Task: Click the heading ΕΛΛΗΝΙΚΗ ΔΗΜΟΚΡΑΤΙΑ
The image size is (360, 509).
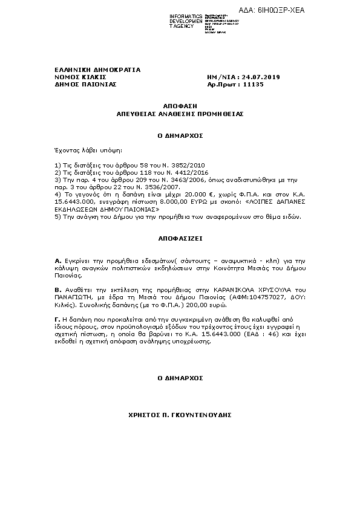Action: [x=97, y=70]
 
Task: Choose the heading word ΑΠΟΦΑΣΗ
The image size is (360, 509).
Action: [x=180, y=105]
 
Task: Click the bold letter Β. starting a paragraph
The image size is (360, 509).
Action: [x=57, y=290]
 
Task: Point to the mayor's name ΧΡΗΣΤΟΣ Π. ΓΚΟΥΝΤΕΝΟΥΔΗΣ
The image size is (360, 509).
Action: [x=180, y=416]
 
